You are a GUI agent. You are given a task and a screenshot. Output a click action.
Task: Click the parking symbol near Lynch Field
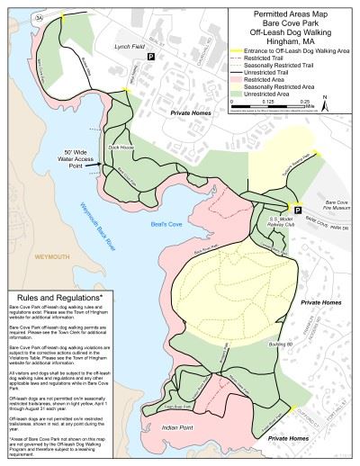coord(151,57)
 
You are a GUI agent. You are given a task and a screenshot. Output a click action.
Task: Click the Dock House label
coord(120,145)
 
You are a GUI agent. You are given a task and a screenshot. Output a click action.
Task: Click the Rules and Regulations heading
coord(55,296)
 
